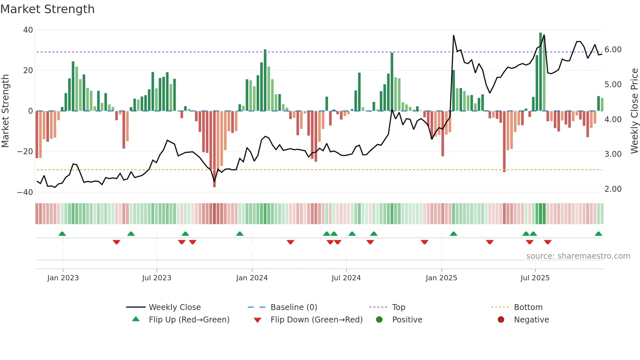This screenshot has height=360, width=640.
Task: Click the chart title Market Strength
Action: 47,9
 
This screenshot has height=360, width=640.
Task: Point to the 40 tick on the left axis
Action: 28,30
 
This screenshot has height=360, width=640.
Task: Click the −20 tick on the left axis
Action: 25,152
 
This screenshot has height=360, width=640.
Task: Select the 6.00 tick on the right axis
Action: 613,50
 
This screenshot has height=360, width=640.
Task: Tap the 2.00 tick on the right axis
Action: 613,189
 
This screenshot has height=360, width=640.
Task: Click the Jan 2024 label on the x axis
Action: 252,278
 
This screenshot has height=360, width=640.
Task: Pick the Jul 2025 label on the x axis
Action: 535,278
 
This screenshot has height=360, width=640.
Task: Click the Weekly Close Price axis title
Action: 634,111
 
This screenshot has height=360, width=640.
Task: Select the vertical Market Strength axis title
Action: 6,111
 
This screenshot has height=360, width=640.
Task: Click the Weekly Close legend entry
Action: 175,307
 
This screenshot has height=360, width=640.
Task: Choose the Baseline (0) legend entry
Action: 294,307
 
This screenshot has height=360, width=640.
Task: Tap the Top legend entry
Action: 398,307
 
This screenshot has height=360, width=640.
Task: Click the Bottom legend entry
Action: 528,307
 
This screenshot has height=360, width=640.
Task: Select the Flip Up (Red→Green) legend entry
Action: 189,320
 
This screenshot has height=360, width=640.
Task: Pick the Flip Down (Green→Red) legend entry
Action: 316,320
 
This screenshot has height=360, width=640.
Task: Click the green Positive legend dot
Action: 379,319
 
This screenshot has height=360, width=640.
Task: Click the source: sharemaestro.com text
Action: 578,256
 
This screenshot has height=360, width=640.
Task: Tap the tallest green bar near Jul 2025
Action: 540,72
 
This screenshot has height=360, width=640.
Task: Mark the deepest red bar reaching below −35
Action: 214,150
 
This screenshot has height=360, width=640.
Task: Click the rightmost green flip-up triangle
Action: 598,234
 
